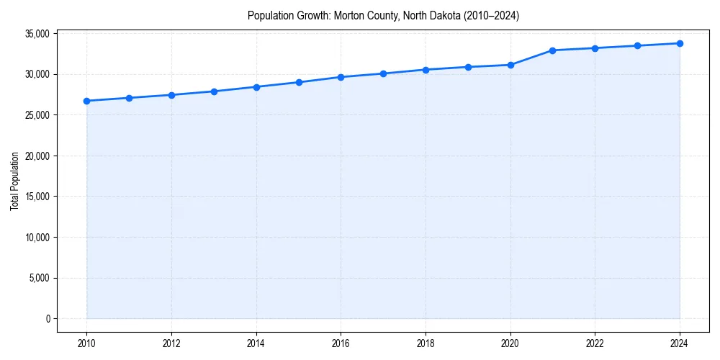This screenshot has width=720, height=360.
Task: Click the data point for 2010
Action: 86,101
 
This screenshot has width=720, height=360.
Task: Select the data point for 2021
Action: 552,50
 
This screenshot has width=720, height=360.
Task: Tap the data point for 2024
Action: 680,43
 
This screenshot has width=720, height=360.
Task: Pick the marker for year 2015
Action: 298,82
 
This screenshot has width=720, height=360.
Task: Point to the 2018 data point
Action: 426,70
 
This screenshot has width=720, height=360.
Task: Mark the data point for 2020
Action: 510,65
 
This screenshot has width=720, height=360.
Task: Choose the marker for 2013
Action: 214,91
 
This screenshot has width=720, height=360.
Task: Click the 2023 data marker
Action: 637,45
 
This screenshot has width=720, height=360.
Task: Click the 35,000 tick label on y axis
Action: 36,34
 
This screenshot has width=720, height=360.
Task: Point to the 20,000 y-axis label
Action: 36,156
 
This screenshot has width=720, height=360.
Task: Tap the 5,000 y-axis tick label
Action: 38,278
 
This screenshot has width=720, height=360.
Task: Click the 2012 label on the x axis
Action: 171,343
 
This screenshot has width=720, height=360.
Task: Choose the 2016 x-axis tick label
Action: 341,343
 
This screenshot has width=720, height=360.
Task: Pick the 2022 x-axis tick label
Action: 595,343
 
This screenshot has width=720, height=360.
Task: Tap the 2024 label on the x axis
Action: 680,343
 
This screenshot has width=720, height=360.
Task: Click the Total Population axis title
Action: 14,181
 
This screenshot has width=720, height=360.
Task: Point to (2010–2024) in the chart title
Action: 489,15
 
